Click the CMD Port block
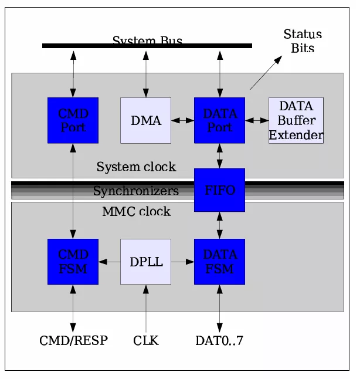tap(73, 120)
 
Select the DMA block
tap(145, 120)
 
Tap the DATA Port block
tap(219, 120)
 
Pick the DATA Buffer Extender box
tap(296, 120)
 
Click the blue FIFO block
tap(219, 190)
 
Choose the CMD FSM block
tap(73, 262)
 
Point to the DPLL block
tap(145, 262)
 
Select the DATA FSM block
tap(219, 262)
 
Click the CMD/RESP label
tap(73, 340)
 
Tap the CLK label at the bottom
tap(145, 340)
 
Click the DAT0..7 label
tap(220, 340)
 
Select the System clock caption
tap(136, 167)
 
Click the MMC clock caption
tap(136, 211)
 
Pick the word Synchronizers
tap(135, 191)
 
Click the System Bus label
tap(147, 40)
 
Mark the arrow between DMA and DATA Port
tap(182, 120)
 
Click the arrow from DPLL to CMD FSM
tap(109, 262)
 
